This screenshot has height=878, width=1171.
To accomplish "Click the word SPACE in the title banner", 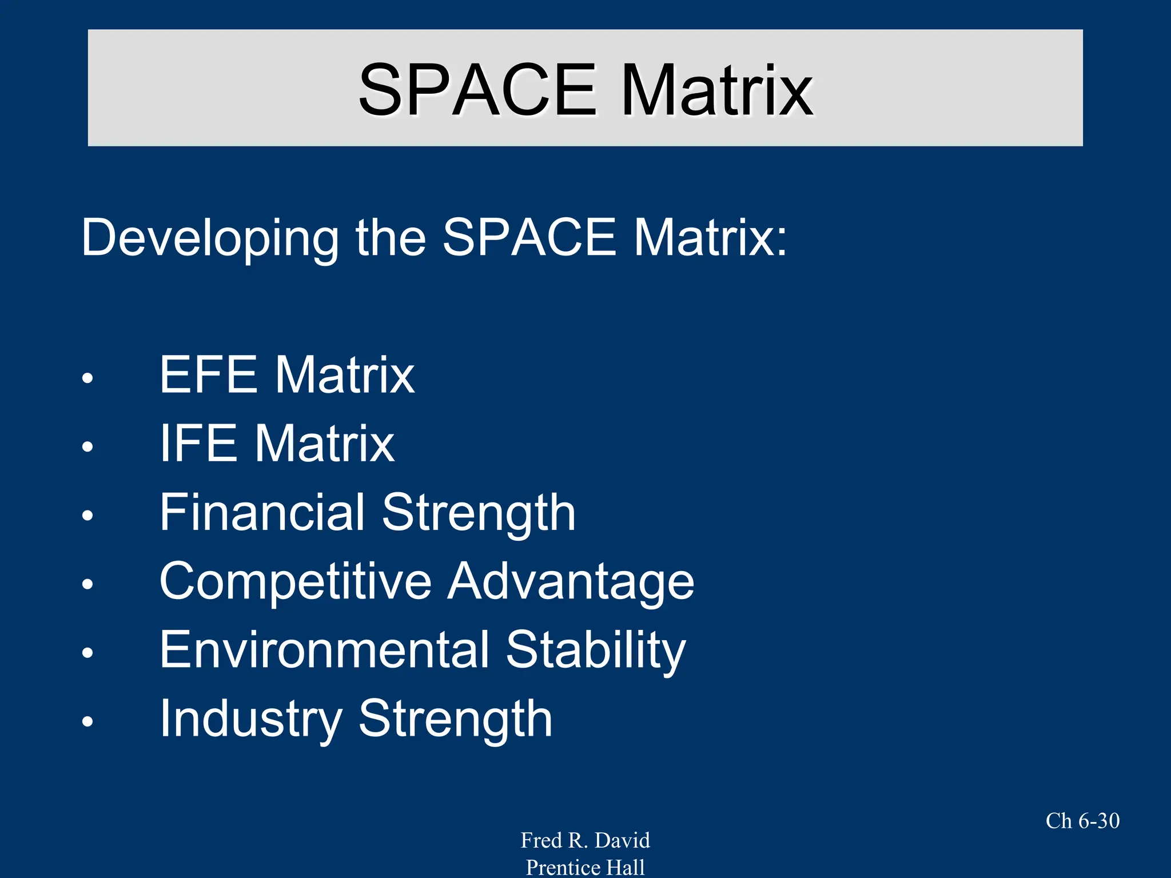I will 477,90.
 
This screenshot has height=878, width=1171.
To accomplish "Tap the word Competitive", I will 295,581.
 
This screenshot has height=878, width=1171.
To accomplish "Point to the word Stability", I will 596,650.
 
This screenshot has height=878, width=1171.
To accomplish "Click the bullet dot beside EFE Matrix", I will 87,378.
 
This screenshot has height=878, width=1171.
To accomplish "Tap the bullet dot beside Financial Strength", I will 87,516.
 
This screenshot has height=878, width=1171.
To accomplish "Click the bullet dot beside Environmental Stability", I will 87,653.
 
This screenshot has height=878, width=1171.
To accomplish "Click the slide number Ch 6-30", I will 1082,821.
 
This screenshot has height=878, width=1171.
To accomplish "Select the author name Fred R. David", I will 585,840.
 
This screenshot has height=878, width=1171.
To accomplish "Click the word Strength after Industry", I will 455,719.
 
